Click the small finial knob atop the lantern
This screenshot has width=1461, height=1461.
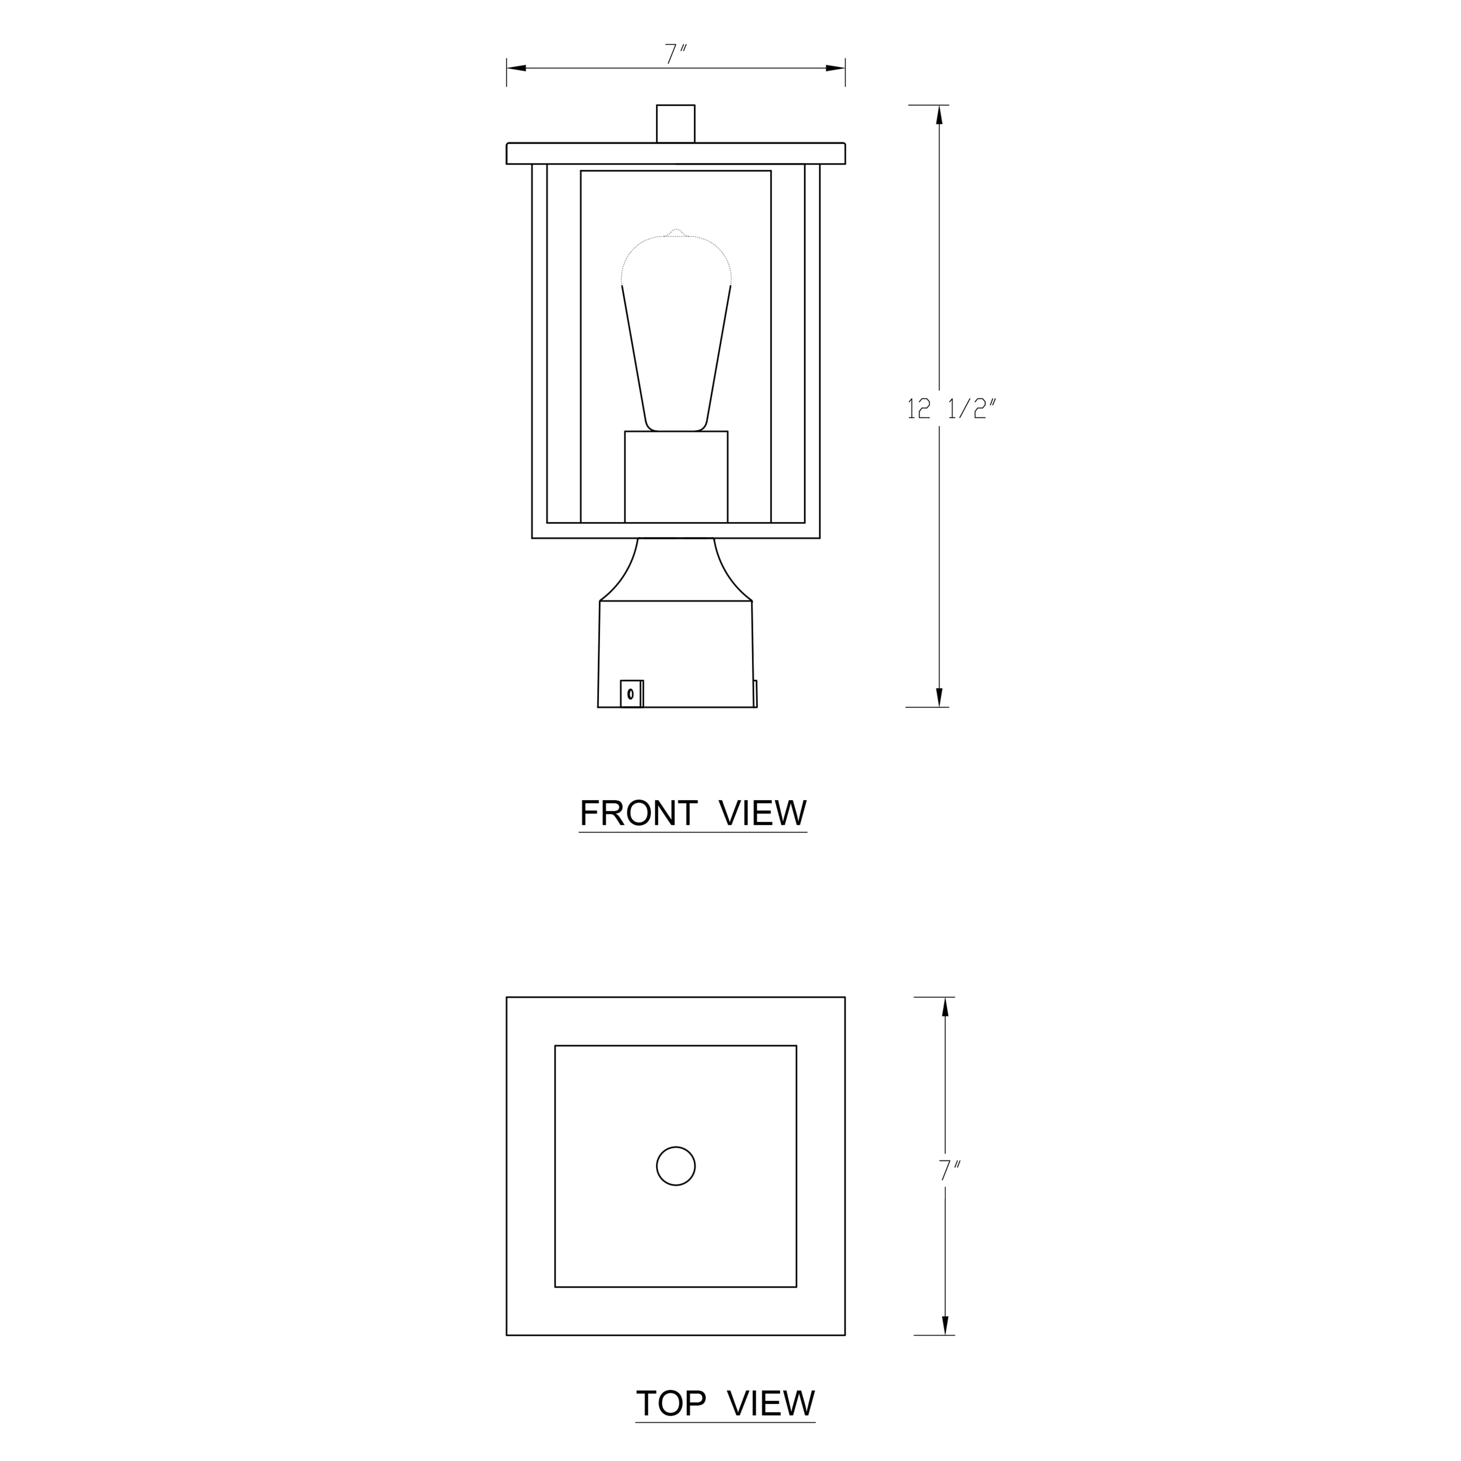coord(675,123)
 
